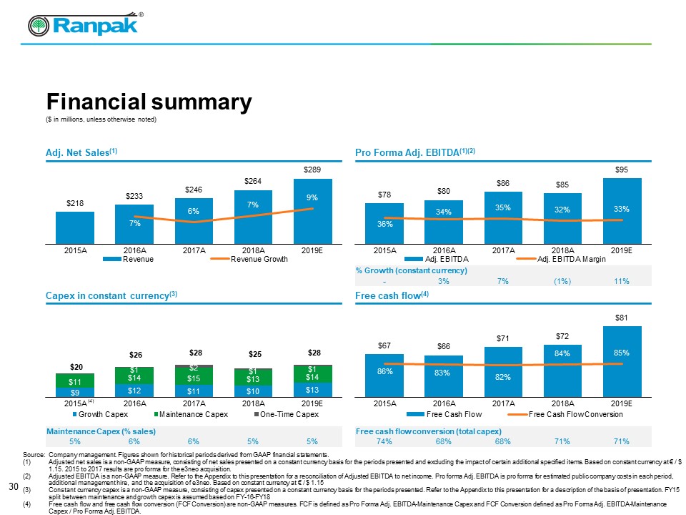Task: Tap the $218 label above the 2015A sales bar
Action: [75, 203]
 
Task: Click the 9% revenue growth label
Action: [313, 197]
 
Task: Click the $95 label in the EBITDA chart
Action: [622, 170]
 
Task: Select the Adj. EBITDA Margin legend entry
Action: [571, 259]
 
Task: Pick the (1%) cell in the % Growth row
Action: [562, 281]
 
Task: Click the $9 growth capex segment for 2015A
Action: [75, 391]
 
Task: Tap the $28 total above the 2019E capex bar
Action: [313, 353]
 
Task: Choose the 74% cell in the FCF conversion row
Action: [384, 442]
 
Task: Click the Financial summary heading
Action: [149, 103]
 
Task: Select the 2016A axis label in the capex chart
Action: [134, 403]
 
